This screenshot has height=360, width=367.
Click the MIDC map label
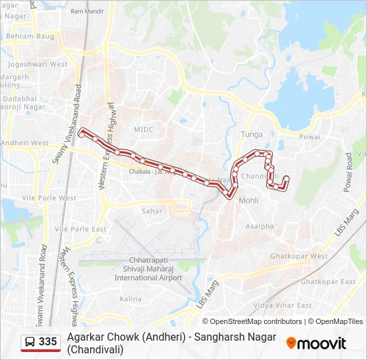click(x=143, y=129)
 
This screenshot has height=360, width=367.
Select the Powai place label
click(x=310, y=137)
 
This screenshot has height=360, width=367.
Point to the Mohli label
click(x=248, y=200)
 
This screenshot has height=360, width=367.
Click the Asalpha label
click(x=259, y=226)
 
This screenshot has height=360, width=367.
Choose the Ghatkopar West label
click(x=299, y=256)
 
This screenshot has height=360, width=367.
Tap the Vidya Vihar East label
click(x=283, y=305)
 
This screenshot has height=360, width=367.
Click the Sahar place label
click(x=151, y=211)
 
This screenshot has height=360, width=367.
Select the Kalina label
click(x=129, y=299)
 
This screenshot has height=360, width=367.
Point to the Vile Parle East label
click(x=81, y=229)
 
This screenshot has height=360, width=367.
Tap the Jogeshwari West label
click(x=37, y=65)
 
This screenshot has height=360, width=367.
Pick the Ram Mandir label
click(x=87, y=11)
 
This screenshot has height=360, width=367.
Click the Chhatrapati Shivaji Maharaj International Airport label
click(x=148, y=268)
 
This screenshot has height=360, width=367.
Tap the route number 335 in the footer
click(x=48, y=342)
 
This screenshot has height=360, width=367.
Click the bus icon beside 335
click(x=31, y=342)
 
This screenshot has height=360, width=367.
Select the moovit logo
click(x=316, y=343)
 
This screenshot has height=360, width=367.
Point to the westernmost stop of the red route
click(x=82, y=133)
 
